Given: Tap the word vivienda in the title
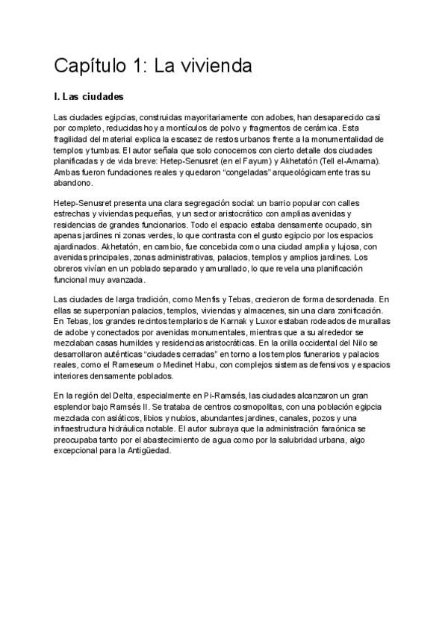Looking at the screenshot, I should pyautogui.click(x=215, y=66).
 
